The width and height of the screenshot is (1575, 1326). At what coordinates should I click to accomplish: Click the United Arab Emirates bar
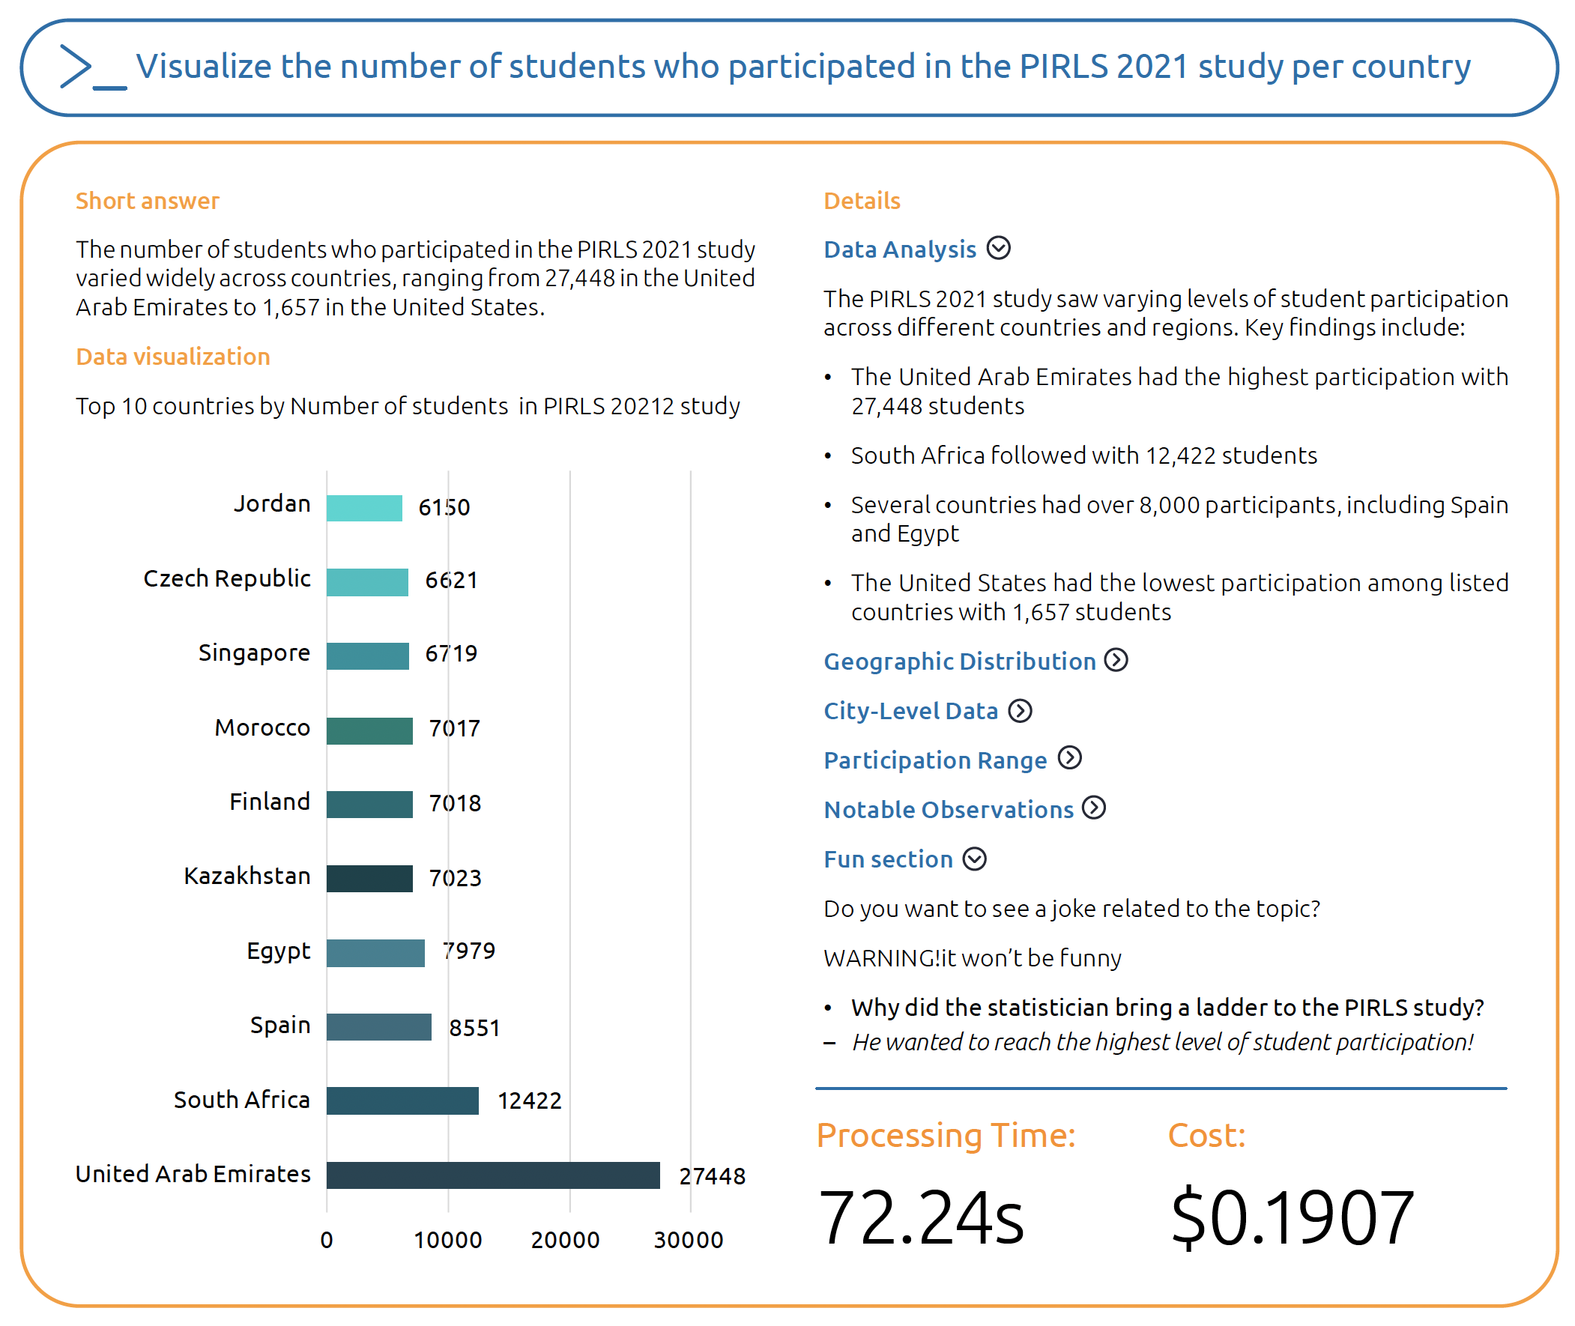492,1175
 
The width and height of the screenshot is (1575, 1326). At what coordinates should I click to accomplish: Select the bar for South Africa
402,1101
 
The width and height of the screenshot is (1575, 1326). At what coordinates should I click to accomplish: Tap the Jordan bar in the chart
364,508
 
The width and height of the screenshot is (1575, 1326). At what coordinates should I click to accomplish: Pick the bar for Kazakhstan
369,878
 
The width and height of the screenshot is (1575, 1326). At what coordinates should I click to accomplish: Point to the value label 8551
474,1028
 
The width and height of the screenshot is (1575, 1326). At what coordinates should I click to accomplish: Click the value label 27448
711,1175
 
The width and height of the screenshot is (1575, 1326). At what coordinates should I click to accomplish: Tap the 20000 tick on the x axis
565,1240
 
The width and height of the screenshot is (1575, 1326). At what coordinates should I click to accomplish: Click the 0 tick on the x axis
326,1240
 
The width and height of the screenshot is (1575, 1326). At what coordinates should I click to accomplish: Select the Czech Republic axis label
226,579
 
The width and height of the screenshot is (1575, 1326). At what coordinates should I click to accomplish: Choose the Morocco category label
262,727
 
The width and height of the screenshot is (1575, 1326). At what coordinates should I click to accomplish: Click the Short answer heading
148,201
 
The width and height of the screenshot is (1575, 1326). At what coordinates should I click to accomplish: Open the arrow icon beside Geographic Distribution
1116,660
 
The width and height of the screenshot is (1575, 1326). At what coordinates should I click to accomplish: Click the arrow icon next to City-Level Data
1020,710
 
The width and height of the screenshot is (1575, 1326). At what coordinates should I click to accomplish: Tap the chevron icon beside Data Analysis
997,248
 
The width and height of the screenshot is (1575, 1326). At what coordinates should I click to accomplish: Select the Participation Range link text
934,760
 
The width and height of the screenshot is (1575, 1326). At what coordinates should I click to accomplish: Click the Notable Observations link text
948,810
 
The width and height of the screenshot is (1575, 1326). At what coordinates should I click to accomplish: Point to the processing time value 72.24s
920,1218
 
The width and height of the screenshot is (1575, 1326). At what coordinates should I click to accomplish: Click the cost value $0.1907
1292,1218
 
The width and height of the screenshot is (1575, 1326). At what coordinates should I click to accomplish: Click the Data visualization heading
173,357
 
